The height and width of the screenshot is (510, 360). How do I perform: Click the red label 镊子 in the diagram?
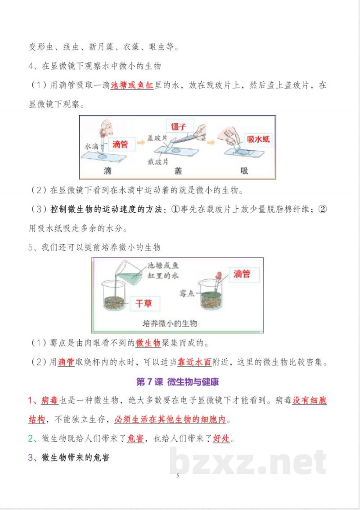coord(179,126)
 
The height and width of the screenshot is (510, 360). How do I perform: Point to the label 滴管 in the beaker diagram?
coord(242,273)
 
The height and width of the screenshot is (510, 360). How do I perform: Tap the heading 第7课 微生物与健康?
coord(177,382)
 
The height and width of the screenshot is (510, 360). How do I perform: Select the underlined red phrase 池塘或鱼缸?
coord(132,85)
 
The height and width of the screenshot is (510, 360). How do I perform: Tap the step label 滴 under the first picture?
coord(107,171)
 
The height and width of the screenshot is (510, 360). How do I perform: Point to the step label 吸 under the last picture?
coord(244,171)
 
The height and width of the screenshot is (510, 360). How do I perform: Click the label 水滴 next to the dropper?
coord(91,147)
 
